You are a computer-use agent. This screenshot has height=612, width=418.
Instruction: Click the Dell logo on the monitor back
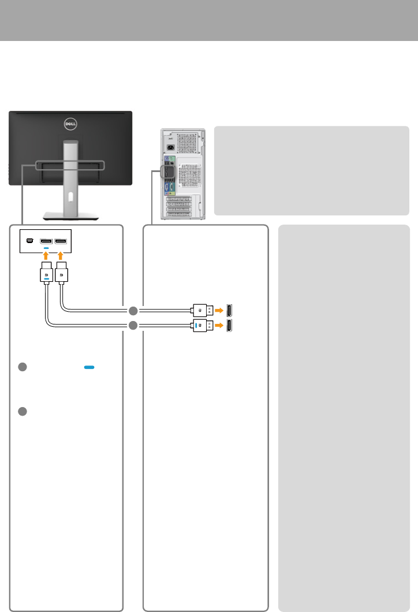(70, 123)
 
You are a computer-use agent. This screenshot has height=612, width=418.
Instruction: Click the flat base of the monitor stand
(70, 216)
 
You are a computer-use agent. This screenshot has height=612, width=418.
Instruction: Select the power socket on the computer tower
(171, 147)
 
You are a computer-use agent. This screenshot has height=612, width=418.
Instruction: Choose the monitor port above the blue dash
(47, 241)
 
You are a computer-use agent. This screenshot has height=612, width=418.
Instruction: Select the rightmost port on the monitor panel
(62, 241)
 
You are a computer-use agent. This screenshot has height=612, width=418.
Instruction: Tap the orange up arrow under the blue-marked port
(47, 255)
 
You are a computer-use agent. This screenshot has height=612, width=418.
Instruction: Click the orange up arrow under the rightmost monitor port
(62, 255)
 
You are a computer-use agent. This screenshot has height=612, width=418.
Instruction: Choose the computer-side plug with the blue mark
(202, 326)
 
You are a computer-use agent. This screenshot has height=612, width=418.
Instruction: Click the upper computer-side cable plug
(202, 309)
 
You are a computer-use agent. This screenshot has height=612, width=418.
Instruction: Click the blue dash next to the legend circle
(89, 367)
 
